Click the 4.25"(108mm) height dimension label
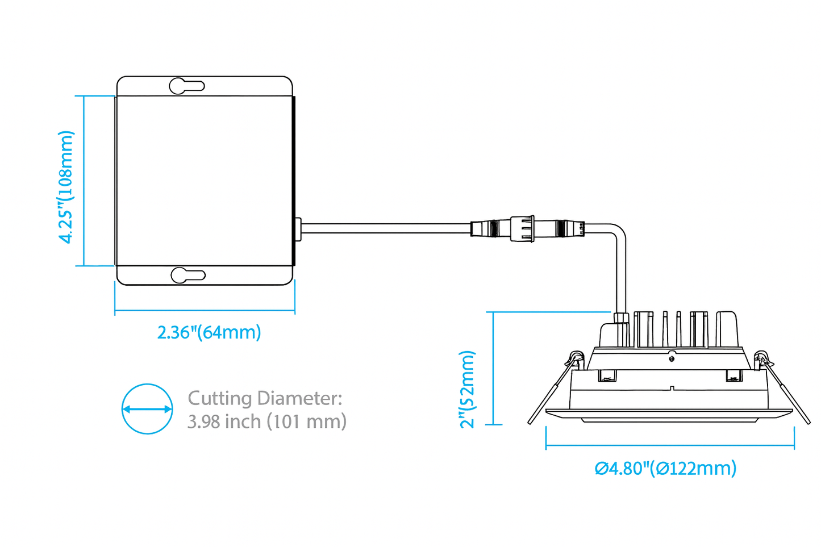[x=66, y=187]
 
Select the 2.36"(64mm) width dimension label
[x=209, y=332]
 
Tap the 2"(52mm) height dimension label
[x=467, y=389]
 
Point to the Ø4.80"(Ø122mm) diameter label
[x=665, y=468]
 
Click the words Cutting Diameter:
[x=265, y=398]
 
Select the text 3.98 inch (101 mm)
[x=266, y=421]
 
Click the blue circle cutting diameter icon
[x=147, y=409]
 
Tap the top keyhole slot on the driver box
[x=186, y=86]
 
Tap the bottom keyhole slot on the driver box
[x=187, y=275]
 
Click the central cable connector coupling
[x=522, y=228]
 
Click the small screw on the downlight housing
[x=672, y=358]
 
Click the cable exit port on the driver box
[x=298, y=229]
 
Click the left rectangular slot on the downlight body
[x=607, y=375]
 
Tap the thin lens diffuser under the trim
[x=670, y=420]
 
